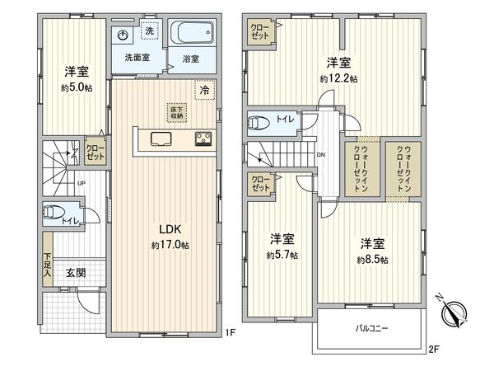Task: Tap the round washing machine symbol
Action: coord(123,35)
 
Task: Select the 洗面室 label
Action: coord(137,58)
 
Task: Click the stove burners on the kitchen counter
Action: coord(203,139)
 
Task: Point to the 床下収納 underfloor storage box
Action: coord(176,113)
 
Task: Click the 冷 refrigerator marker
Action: coord(202,90)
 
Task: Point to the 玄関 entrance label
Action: coord(75,273)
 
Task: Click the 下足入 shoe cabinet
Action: coord(49,265)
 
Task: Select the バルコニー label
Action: coord(372,328)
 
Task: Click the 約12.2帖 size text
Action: coord(338,79)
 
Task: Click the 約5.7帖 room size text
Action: coord(282,255)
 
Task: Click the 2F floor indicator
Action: coord(433,350)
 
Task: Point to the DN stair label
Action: coord(319,153)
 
